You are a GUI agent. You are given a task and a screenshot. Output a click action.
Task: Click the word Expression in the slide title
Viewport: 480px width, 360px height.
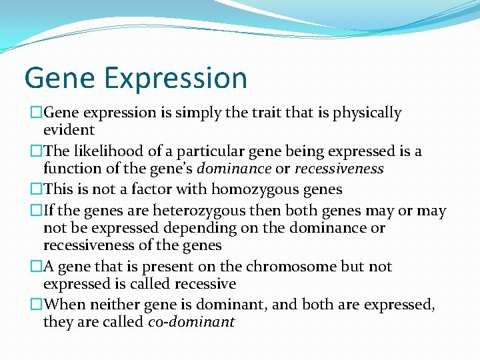pyautogui.click(x=175, y=79)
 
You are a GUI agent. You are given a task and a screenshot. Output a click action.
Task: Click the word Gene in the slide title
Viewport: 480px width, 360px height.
pyautogui.click(x=59, y=78)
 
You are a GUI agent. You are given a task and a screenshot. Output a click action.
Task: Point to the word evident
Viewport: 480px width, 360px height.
pyautogui.click(x=69, y=130)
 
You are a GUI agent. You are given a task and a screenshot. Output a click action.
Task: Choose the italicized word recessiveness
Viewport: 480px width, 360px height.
pyautogui.click(x=339, y=169)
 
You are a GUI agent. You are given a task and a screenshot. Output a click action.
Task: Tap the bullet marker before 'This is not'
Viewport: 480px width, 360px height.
pyautogui.click(x=37, y=190)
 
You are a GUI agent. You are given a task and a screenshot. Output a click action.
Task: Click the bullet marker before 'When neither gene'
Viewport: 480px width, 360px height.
pyautogui.click(x=37, y=305)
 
